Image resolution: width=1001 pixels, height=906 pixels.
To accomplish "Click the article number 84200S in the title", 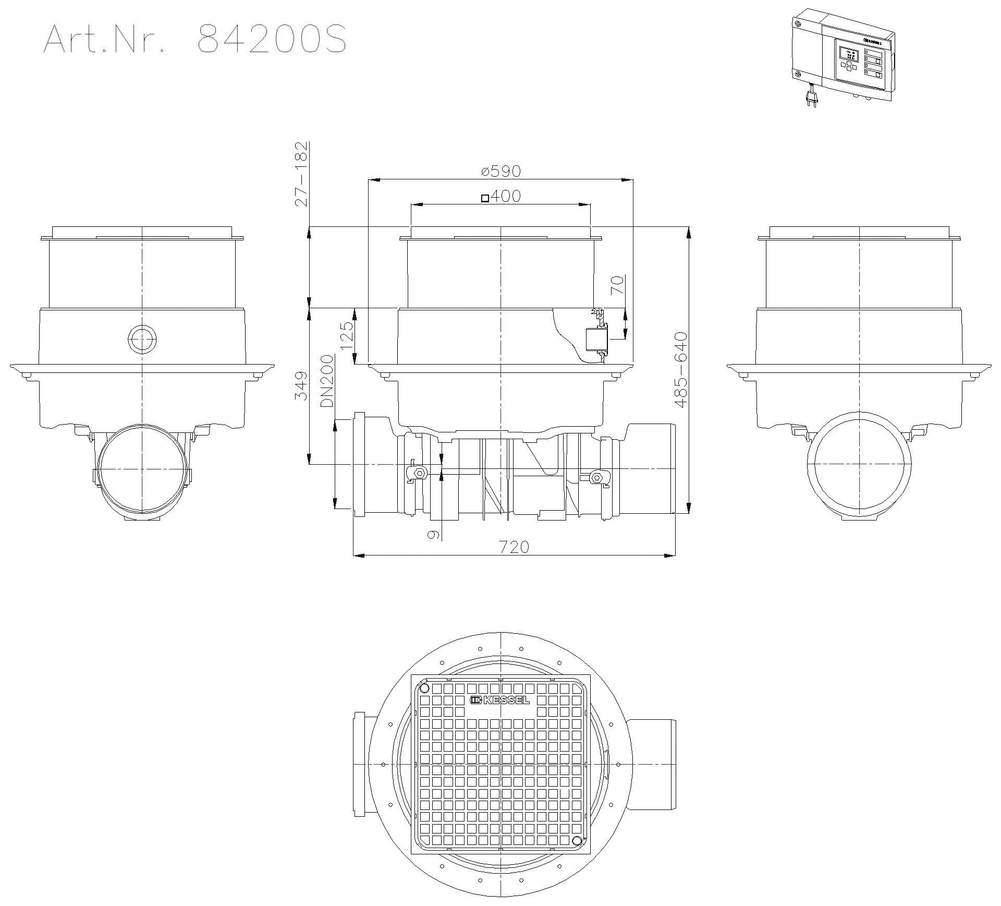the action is (x=272, y=39).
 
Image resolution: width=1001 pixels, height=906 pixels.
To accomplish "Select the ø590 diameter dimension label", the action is (x=501, y=171).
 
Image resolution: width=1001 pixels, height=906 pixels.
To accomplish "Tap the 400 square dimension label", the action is (x=500, y=196).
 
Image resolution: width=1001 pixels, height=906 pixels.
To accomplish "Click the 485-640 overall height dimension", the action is (x=681, y=369).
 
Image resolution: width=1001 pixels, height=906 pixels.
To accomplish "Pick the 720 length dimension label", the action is (x=514, y=547).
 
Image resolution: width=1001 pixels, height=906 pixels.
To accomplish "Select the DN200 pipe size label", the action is (x=327, y=381).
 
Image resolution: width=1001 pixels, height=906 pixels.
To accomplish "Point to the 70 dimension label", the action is (x=617, y=285).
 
